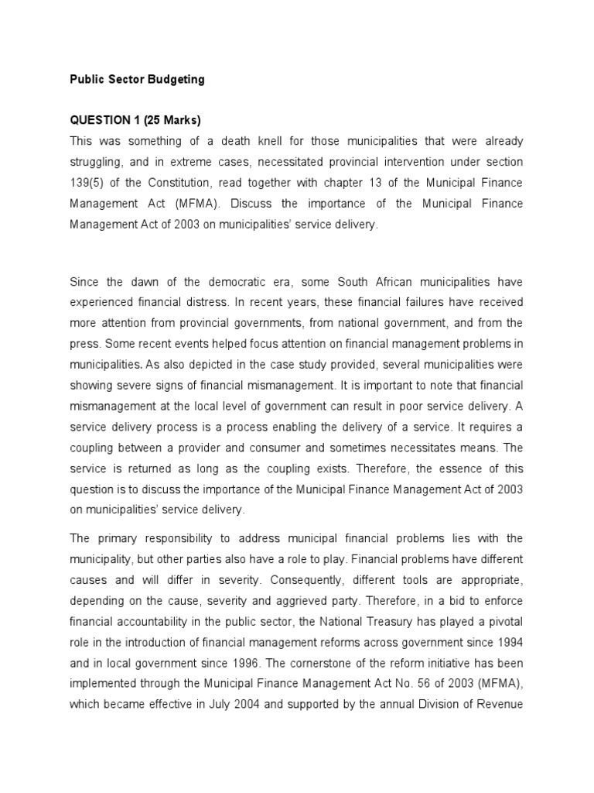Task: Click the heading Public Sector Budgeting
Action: coord(137,79)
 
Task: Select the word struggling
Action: coord(98,162)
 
